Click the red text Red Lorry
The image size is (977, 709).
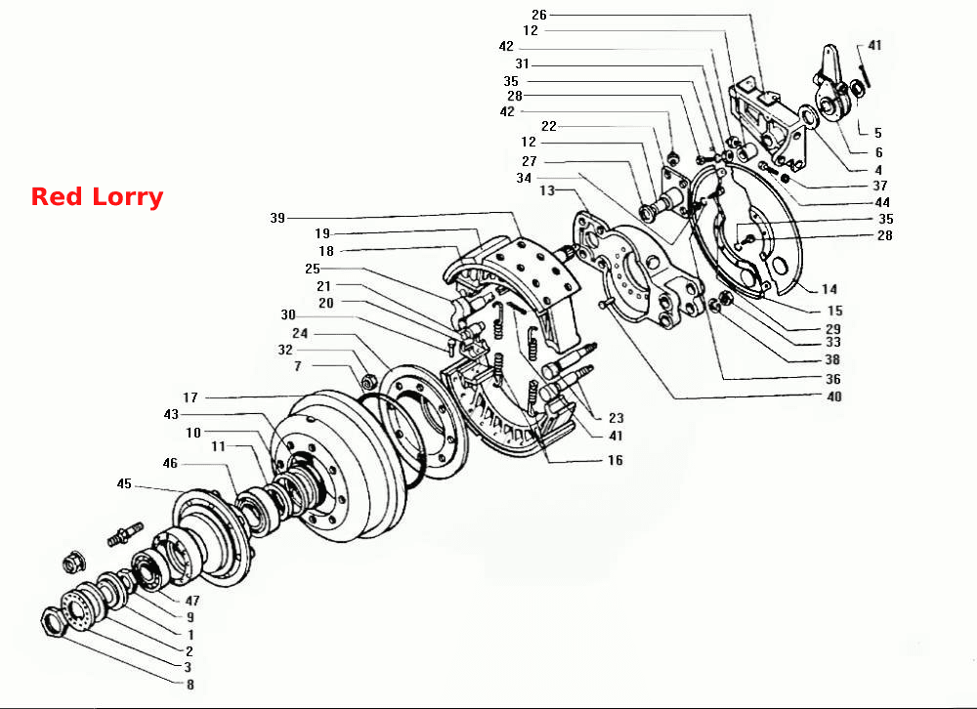click(97, 197)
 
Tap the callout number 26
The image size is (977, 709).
click(539, 15)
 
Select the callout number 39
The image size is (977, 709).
click(277, 218)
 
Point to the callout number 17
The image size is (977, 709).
click(191, 396)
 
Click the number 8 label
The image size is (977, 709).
click(191, 684)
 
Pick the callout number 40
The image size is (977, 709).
click(833, 396)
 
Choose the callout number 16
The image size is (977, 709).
click(615, 460)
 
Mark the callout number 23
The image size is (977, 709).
click(616, 417)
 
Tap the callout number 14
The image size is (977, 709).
click(828, 288)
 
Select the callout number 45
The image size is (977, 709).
click(124, 483)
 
